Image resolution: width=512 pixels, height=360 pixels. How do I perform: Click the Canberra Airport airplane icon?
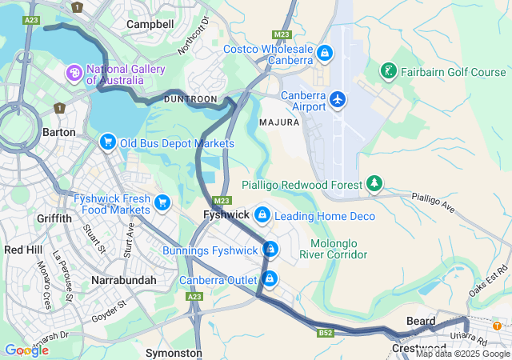(338, 99)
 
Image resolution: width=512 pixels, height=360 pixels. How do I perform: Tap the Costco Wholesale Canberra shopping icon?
(324, 54)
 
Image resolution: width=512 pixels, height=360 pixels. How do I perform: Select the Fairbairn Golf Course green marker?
(388, 71)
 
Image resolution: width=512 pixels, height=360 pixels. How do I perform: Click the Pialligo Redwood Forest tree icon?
(374, 184)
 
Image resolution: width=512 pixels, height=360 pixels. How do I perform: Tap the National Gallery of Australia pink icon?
(74, 74)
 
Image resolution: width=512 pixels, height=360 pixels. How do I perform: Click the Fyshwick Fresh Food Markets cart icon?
(163, 202)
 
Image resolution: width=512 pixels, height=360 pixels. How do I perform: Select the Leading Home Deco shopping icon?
(262, 215)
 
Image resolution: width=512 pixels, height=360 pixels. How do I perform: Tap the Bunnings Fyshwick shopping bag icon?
(270, 250)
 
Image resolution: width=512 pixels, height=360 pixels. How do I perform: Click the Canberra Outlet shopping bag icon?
(270, 279)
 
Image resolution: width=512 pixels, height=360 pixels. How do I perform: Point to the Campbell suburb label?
(150, 24)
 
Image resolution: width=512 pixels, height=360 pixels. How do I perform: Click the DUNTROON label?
(190, 98)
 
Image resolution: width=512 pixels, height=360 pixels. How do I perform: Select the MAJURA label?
(279, 122)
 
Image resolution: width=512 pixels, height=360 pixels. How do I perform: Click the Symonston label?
(174, 352)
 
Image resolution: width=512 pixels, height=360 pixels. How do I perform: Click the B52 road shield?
(325, 332)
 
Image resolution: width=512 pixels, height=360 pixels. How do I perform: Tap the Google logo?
(26, 350)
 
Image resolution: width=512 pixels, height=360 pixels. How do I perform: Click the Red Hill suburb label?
(23, 250)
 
